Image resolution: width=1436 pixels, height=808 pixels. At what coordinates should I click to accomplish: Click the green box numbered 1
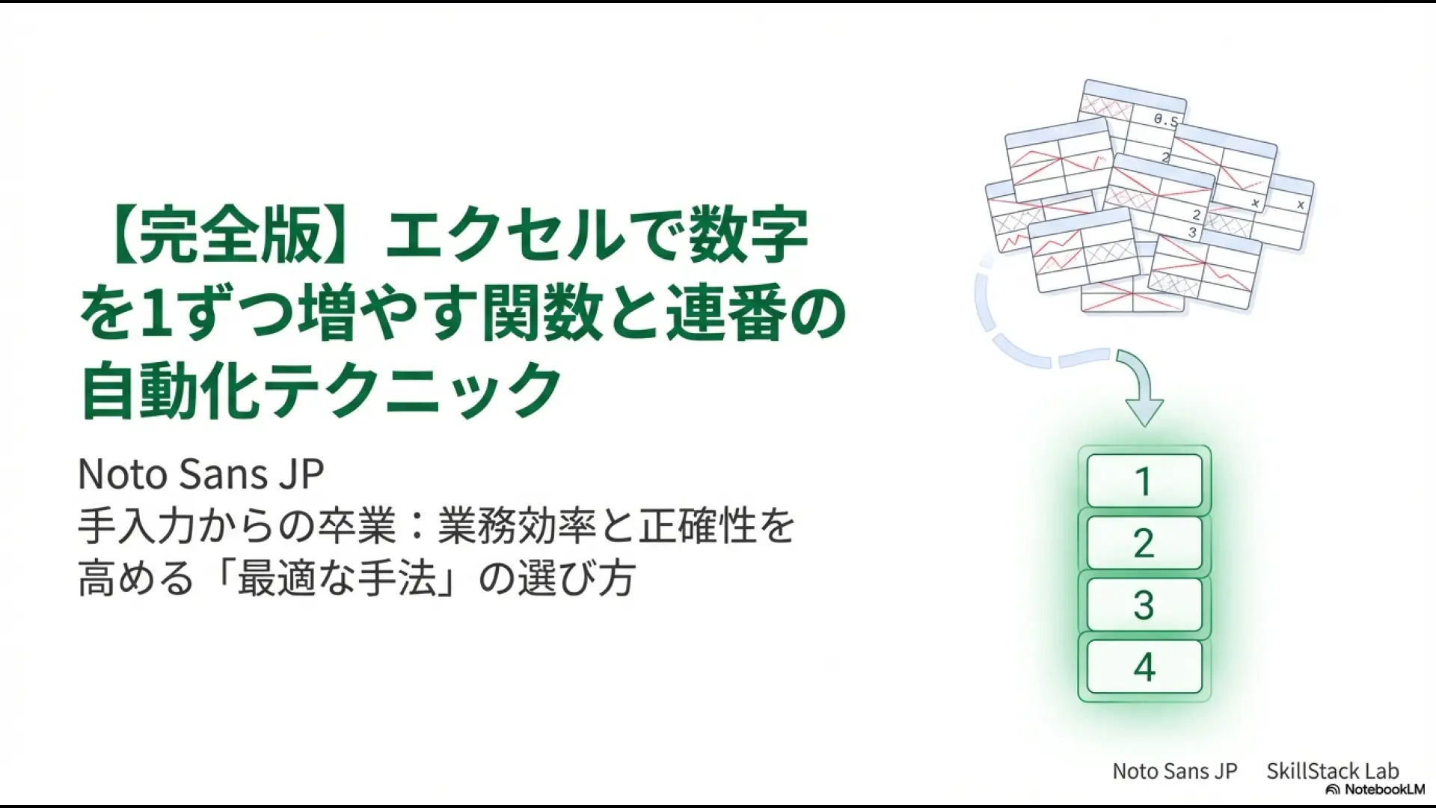tap(1144, 481)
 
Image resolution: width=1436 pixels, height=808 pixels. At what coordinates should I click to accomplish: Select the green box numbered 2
tap(1144, 543)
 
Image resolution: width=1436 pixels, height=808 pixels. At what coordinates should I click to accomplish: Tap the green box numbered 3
tap(1144, 605)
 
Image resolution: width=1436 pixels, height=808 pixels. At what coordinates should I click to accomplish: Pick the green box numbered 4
tap(1144, 667)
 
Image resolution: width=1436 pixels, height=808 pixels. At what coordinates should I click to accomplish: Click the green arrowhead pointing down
tap(1144, 408)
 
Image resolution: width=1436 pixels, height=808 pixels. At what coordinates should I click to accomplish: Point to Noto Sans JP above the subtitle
tap(200, 474)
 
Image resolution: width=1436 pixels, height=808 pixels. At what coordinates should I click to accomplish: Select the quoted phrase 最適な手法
tap(337, 579)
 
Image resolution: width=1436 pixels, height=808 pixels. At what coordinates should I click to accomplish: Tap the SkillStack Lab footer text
tap(1332, 771)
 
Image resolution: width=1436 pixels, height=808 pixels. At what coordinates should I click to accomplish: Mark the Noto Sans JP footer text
tap(1174, 771)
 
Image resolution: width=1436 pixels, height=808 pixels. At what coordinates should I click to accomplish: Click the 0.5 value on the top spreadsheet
tap(1165, 120)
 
